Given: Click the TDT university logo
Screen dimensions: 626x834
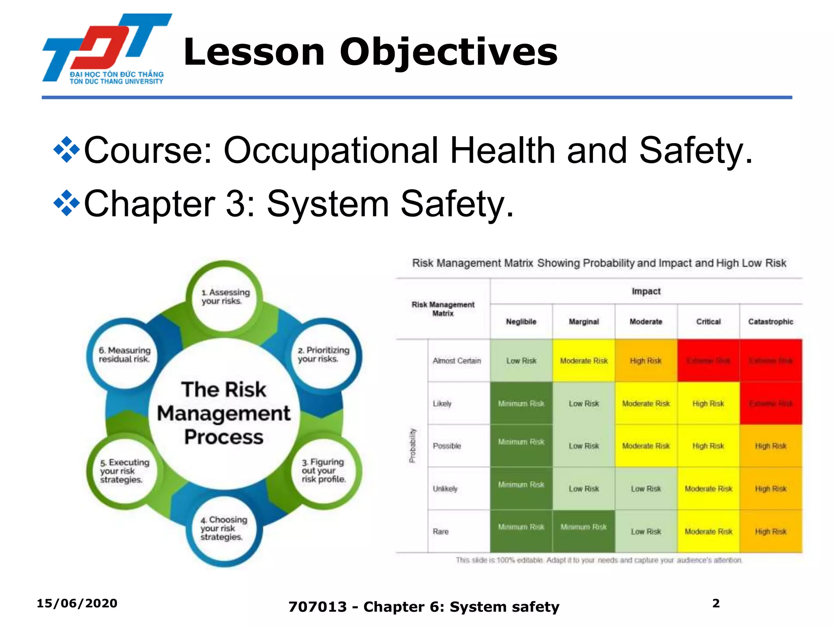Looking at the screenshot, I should tap(107, 49).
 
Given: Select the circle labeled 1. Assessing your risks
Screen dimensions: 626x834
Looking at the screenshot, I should tap(224, 297).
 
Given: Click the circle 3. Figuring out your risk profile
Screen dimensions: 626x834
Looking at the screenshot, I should tap(324, 470).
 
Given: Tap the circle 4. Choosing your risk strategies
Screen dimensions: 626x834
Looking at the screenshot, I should tap(224, 528).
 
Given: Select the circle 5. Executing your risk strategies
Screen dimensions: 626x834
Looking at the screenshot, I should tap(124, 471).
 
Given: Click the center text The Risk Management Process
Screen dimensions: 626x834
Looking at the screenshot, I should tap(224, 413).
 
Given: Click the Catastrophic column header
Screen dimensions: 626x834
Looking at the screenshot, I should tap(770, 322).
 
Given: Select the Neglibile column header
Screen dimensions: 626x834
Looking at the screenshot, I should tap(521, 322).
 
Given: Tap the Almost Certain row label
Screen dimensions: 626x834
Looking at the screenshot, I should tap(457, 361).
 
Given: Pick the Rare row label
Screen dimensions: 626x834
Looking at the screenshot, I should tap(441, 531).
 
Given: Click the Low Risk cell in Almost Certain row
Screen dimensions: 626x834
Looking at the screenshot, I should tap(521, 361).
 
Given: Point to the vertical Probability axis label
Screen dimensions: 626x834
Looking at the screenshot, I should tap(413, 445).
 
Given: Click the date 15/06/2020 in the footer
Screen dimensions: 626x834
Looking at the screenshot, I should tap(77, 603).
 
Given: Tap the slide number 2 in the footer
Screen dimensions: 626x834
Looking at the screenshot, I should tap(716, 603).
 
